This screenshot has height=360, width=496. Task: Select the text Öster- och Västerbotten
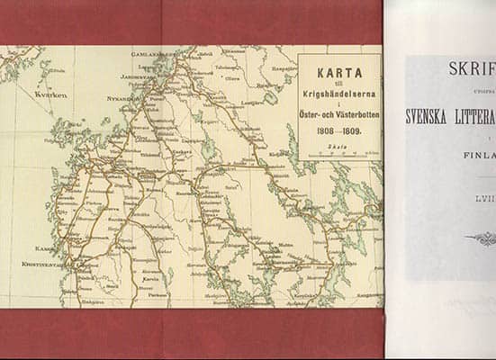338,116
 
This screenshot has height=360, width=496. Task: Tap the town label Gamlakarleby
151,54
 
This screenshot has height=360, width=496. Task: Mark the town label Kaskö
44,247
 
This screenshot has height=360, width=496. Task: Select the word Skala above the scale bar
338,145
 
